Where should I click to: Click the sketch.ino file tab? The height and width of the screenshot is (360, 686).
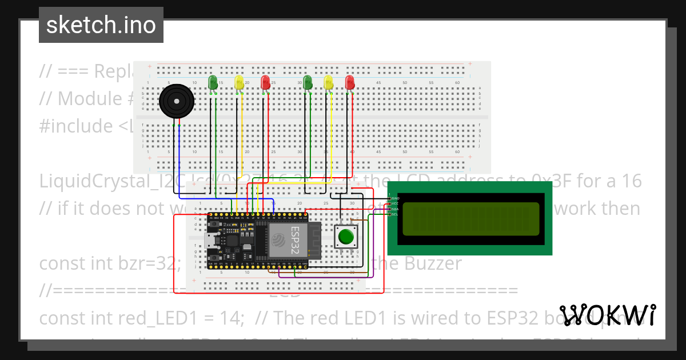tap(101, 25)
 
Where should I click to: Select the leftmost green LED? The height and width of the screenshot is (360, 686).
tap(213, 82)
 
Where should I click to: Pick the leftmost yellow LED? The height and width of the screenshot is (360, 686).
tap(240, 83)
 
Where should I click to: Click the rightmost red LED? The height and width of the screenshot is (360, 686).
tap(350, 82)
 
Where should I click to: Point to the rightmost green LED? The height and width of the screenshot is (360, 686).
tap(308, 82)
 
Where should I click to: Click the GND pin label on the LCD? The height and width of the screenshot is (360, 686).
tap(395, 198)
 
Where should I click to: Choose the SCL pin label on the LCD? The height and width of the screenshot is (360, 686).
tap(395, 214)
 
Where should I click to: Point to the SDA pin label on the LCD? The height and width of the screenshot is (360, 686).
tap(395, 209)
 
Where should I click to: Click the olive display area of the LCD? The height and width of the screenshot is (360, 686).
tap(470, 219)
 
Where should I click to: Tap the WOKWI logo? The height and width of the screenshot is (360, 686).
tap(608, 315)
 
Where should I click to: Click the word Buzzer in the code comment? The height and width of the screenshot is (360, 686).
tap(433, 263)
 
